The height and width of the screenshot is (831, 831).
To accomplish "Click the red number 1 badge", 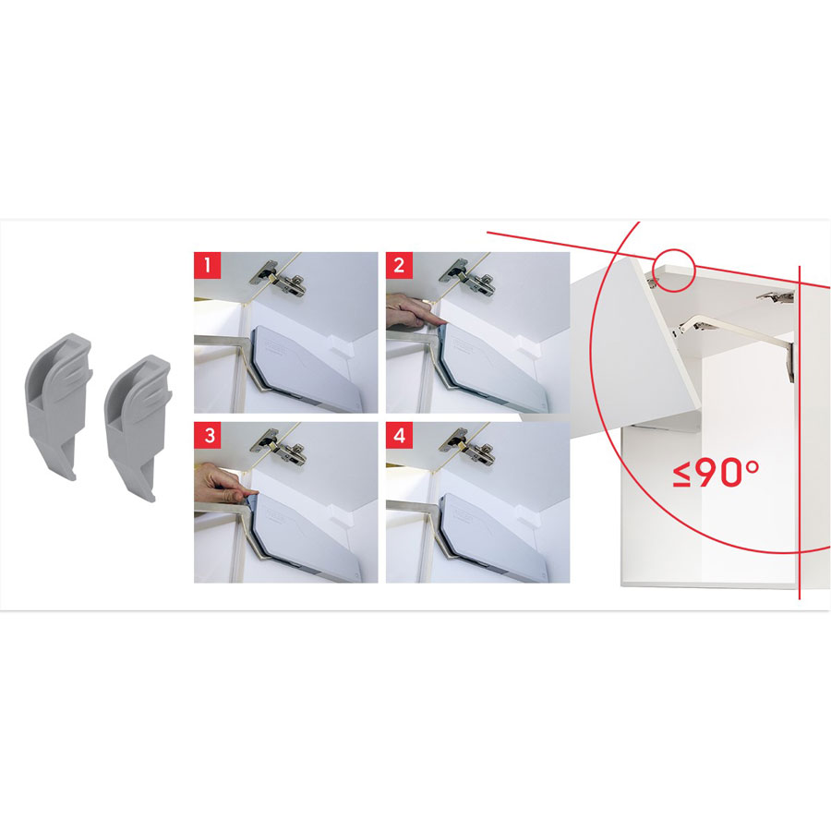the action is coord(207,265).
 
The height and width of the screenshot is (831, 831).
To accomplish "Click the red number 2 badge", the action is coord(399,265).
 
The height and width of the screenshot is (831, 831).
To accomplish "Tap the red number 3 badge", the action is coord(207,435).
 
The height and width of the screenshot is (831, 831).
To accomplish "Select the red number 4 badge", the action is coord(399,435).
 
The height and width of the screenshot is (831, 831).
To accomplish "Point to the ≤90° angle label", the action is coord(716,473).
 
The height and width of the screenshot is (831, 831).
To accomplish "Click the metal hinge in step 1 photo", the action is coord(279,279).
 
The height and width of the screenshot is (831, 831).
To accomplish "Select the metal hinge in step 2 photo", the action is coord(468,279).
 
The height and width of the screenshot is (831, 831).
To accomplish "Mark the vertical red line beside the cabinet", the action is coord(800,432).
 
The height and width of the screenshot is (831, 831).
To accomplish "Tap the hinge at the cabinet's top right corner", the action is coord(776,298).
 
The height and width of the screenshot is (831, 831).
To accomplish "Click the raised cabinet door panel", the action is coord(636,339).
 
